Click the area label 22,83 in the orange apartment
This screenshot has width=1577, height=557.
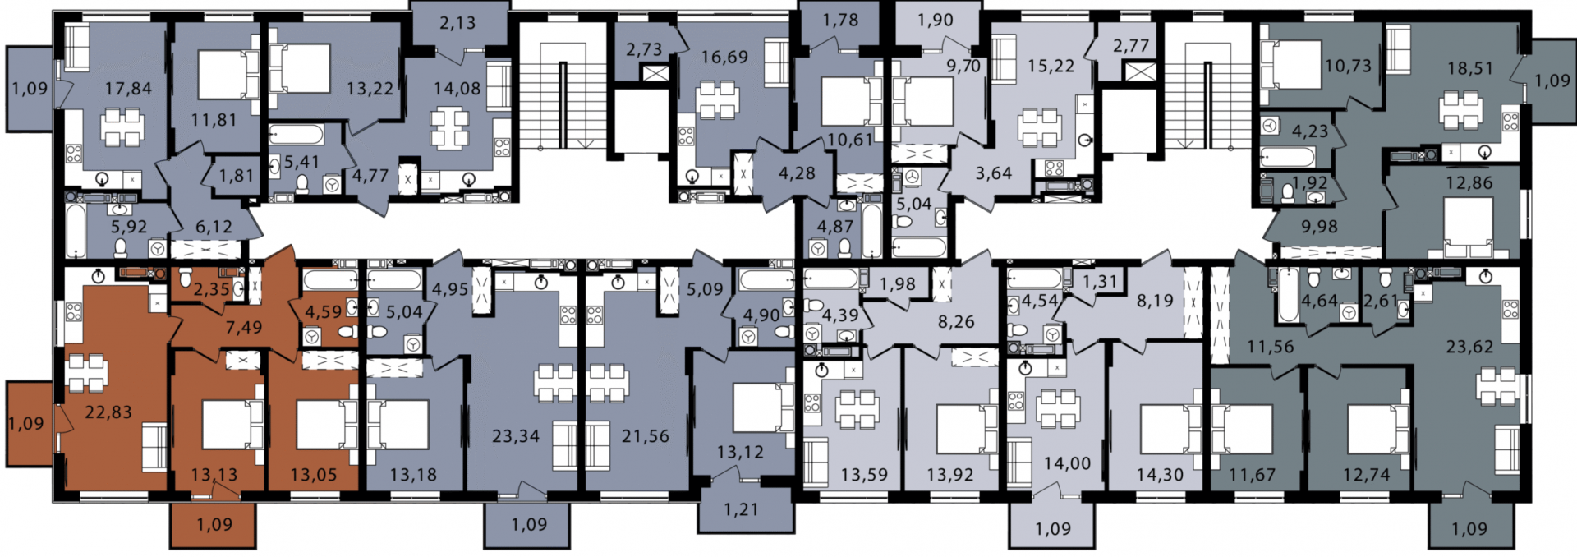point(108,412)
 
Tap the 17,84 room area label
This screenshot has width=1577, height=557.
point(129,89)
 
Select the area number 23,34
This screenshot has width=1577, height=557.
point(516,436)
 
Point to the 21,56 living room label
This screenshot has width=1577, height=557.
point(645,436)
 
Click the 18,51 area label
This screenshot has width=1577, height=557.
point(1470,69)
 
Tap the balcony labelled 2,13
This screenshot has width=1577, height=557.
point(457,23)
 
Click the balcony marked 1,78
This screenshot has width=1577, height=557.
point(840,20)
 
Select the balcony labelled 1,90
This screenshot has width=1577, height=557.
point(936,20)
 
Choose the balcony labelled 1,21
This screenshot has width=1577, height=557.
point(741,510)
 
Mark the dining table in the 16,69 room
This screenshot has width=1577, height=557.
point(718,101)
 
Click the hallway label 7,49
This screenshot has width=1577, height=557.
point(244,328)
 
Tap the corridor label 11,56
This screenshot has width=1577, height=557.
point(1271,347)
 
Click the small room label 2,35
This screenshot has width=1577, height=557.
point(212,288)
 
